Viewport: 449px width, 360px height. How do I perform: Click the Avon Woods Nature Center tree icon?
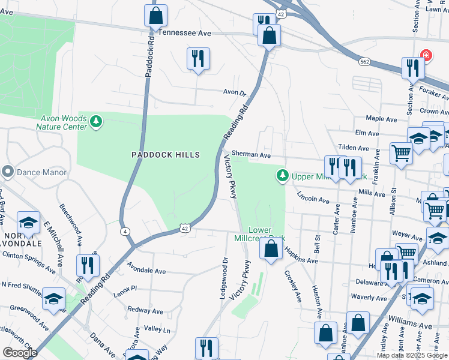tap(96, 122)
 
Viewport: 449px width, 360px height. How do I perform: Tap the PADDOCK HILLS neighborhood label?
tap(166, 155)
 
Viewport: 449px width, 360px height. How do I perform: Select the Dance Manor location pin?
tap(7, 172)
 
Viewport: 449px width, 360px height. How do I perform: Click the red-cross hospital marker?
tap(426, 55)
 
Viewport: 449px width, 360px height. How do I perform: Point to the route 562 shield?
tap(364, 62)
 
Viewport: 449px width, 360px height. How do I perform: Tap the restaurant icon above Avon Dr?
tap(198, 59)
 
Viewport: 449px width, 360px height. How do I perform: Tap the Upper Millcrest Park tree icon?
tap(282, 176)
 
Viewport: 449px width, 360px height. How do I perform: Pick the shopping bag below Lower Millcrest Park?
tap(271, 249)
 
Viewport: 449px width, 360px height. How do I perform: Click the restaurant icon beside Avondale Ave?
tap(88, 265)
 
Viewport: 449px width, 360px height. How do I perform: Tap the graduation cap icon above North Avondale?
tap(28, 223)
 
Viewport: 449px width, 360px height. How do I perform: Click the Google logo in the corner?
tap(20, 353)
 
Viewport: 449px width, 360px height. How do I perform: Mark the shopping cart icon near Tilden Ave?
tap(400, 152)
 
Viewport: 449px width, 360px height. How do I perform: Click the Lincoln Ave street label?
tap(312, 198)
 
